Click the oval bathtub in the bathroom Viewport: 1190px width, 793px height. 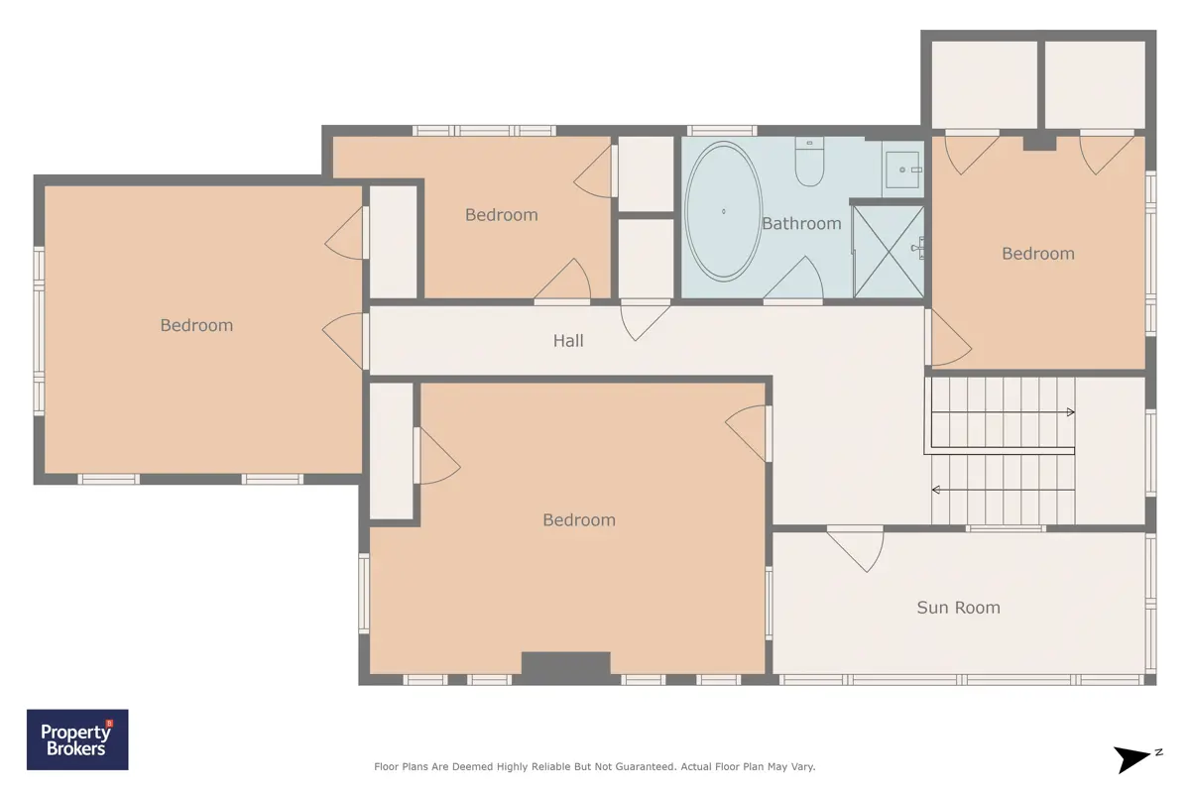[724, 211]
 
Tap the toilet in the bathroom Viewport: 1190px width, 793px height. [809, 162]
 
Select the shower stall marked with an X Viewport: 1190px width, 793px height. [889, 251]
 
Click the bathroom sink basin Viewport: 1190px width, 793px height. [902, 170]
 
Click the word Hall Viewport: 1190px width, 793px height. [568, 340]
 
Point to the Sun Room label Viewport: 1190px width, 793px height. [958, 607]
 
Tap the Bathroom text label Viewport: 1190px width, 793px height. [801, 224]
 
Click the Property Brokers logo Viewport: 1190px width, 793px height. [77, 739]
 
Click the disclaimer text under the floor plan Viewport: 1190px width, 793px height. [594, 766]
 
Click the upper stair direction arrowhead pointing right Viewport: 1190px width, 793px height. [1070, 412]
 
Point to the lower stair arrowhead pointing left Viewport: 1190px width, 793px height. [936, 490]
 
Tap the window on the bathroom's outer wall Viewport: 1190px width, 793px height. [722, 130]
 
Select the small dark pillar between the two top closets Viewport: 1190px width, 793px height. [1039, 143]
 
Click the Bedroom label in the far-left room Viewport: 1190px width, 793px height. [196, 325]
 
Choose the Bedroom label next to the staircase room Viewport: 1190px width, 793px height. [1038, 254]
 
